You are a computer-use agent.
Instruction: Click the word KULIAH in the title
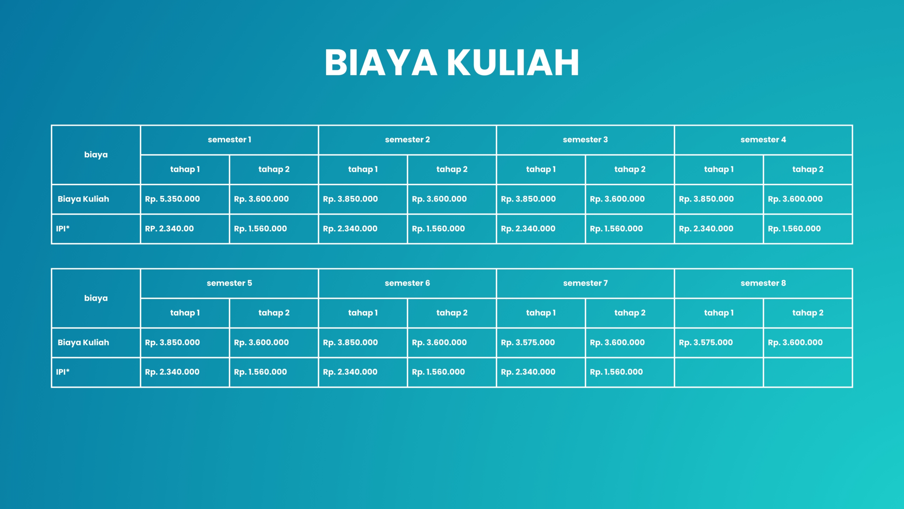513,63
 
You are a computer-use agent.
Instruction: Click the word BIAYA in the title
381,63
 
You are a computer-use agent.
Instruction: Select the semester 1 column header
230,140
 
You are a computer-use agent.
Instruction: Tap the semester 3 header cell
585,140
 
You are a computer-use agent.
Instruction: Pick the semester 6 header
407,283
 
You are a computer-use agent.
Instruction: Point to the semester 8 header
763,283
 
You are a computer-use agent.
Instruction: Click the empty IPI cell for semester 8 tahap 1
719,372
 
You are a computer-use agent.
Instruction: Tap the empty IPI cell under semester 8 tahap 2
808,372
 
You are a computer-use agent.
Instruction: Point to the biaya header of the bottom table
96,298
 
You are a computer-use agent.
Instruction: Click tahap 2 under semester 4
808,169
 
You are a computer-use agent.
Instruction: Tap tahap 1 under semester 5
185,313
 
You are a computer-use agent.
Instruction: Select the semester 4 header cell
763,140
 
